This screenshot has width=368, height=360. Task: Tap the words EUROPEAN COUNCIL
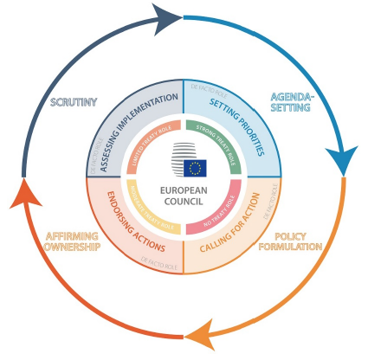coord(184,196)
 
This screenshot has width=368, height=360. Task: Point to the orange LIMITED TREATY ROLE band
coord(144,142)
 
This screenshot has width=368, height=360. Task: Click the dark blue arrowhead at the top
coord(171,18)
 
